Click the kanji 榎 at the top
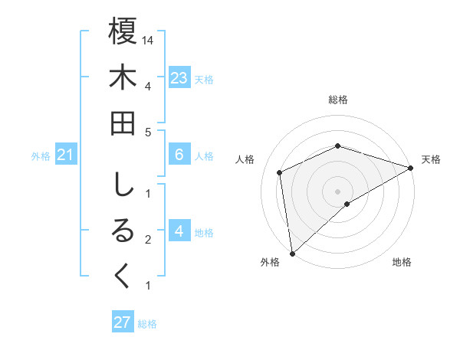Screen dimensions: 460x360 click(x=123, y=32)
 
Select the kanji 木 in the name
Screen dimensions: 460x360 click(x=123, y=78)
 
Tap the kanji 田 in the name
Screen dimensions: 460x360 click(x=123, y=123)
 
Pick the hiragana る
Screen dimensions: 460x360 click(x=123, y=231)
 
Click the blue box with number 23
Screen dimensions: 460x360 click(x=179, y=77)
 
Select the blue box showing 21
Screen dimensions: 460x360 click(x=65, y=155)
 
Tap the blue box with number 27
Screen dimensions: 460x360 click(x=122, y=322)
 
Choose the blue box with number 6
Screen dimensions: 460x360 click(x=179, y=155)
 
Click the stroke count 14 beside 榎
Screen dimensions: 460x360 click(x=149, y=39)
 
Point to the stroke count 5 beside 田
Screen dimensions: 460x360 click(x=147, y=132)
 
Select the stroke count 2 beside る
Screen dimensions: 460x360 click(x=147, y=240)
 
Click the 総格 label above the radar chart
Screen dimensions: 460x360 click(x=338, y=100)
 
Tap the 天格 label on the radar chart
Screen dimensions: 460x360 click(x=431, y=159)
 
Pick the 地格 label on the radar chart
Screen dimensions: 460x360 click(x=402, y=262)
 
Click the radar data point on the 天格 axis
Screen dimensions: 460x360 click(x=411, y=168)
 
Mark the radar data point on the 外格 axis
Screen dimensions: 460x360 click(x=292, y=253)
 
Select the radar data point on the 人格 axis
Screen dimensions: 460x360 click(x=280, y=172)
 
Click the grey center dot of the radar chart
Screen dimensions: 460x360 click(x=338, y=191)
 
